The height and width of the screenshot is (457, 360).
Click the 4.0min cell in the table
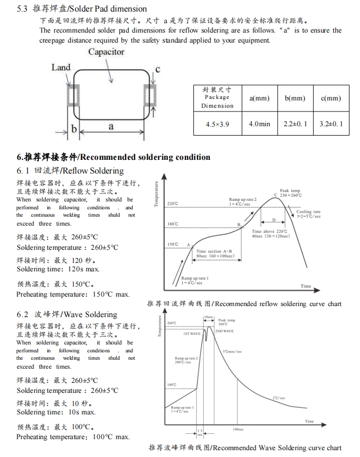pyautogui.click(x=259, y=124)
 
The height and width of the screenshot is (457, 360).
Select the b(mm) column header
pyautogui.click(x=295, y=98)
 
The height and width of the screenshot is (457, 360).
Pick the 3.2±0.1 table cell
pyautogui.click(x=331, y=124)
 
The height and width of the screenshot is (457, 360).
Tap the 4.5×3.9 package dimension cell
pyautogui.click(x=217, y=124)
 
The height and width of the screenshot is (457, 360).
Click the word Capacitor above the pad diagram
pyautogui.click(x=106, y=52)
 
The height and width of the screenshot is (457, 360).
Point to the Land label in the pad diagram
pyautogui.click(x=61, y=67)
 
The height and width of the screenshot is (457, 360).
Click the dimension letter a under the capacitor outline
pyautogui.click(x=111, y=127)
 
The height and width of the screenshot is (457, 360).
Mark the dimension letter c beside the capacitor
pyautogui.click(x=157, y=69)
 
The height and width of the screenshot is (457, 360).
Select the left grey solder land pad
pyautogui.click(x=69, y=97)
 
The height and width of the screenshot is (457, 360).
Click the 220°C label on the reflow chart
pyautogui.click(x=173, y=202)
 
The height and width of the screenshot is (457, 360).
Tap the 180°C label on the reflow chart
pyautogui.click(x=173, y=224)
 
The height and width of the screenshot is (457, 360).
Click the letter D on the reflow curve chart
pyautogui.click(x=273, y=220)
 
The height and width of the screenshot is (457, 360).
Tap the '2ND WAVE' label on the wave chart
pyautogui.click(x=224, y=331)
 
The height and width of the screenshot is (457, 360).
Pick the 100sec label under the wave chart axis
pyautogui.click(x=238, y=430)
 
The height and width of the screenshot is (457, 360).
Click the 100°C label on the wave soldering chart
pyautogui.click(x=171, y=385)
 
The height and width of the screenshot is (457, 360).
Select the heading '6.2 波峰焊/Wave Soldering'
pyautogui.click(x=67, y=314)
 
